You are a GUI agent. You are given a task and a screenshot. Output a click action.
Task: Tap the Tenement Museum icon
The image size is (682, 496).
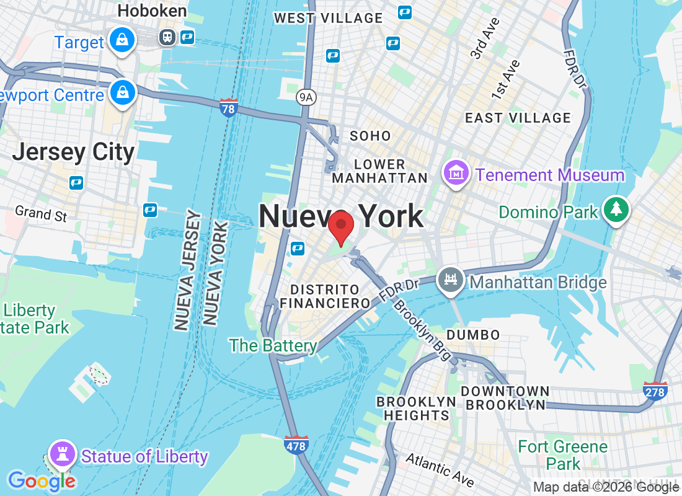[456, 174]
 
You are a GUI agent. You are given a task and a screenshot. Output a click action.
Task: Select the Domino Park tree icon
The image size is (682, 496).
[616, 210]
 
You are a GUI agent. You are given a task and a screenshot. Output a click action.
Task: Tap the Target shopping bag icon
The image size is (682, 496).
[122, 41]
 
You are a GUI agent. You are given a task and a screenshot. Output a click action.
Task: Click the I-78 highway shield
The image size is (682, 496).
[228, 108]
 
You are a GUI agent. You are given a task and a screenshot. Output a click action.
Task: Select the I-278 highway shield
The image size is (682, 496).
[655, 391]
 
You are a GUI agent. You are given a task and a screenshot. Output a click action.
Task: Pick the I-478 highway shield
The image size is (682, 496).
[296, 444]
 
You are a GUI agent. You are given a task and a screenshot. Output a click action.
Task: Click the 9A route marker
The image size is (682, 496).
[306, 96]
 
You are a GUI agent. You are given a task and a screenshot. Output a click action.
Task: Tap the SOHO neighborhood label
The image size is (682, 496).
[370, 136]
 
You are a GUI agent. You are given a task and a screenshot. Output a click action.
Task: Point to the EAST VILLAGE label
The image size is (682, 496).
[518, 118]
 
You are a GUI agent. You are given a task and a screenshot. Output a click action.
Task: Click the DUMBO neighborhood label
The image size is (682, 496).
[473, 335]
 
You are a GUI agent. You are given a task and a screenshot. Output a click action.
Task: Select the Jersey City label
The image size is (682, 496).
[73, 153]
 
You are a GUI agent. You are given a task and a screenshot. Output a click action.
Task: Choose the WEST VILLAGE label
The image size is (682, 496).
[329, 18]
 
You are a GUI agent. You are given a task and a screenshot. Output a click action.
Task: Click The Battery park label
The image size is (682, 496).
[273, 345]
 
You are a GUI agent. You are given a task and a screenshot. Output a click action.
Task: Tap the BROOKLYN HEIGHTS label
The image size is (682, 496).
[416, 409]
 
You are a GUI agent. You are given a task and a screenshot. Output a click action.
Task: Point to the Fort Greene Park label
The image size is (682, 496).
[562, 454]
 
